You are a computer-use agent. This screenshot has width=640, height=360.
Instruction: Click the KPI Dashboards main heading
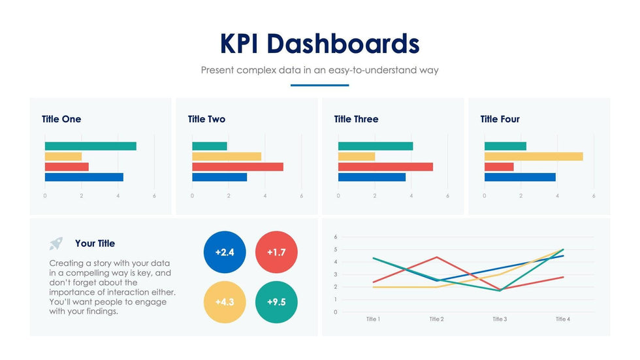319,43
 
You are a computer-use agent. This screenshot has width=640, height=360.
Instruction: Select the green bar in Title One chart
90,146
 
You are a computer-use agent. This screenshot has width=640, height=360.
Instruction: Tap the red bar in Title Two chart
237,167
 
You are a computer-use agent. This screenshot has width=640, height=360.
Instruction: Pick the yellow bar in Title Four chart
533,156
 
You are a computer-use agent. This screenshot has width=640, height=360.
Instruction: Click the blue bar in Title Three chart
372,177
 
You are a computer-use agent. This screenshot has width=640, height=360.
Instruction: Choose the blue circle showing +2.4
224,252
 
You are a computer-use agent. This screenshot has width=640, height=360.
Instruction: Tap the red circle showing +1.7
276,252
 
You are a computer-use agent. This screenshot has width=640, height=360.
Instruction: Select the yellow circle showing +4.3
224,303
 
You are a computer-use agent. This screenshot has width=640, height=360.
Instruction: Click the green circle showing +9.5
276,303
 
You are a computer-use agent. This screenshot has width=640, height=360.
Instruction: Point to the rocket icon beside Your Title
56,244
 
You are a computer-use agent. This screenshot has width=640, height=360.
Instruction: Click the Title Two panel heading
206,119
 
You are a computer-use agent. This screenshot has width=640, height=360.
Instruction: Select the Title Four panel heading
500,119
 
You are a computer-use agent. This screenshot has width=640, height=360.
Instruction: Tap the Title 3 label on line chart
498,319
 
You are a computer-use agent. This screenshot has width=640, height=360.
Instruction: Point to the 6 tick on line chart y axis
335,237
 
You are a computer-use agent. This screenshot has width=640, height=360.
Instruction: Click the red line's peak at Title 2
436,257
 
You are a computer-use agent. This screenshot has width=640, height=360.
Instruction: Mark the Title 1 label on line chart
372,319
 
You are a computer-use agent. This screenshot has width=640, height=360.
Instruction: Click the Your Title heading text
95,243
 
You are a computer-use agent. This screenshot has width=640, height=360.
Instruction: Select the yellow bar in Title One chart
63,156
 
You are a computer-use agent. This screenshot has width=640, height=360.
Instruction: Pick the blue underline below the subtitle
319,85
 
